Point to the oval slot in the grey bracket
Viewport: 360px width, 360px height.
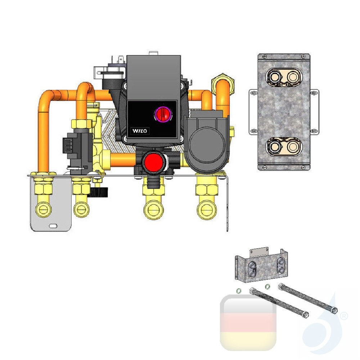pyautogui.click(x=53, y=226)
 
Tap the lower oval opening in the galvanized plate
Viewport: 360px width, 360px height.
pyautogui.click(x=284, y=147)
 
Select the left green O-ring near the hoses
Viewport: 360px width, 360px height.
pyautogui.click(x=238, y=291)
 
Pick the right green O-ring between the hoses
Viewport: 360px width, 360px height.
pyautogui.click(x=267, y=287)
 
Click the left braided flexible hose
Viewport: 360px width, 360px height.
pyautogui.click(x=277, y=302)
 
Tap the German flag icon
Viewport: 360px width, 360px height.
pyautogui.click(x=248, y=323)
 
